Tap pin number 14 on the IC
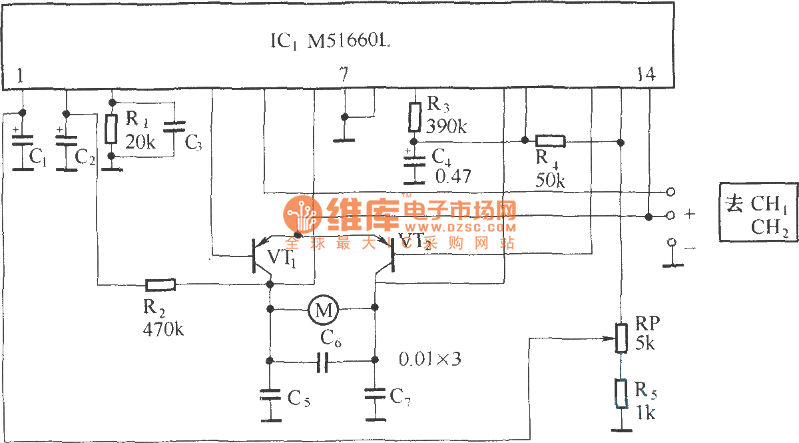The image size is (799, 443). (x=645, y=75)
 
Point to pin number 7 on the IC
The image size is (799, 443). (x=343, y=75)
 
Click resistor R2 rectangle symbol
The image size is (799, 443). (x=160, y=285)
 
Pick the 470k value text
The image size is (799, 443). (x=163, y=328)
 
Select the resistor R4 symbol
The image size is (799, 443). (x=551, y=141)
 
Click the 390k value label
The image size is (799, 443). (x=446, y=126)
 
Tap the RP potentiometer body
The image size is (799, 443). (x=621, y=338)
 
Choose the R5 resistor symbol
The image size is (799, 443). (x=621, y=394)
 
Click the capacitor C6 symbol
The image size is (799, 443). (x=323, y=362)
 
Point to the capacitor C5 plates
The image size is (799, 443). (x=270, y=395)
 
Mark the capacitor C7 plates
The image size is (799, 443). (x=375, y=394)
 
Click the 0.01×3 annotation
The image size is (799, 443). (x=429, y=360)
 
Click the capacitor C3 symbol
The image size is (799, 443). (x=174, y=128)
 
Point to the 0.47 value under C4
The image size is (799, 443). (x=453, y=177)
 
